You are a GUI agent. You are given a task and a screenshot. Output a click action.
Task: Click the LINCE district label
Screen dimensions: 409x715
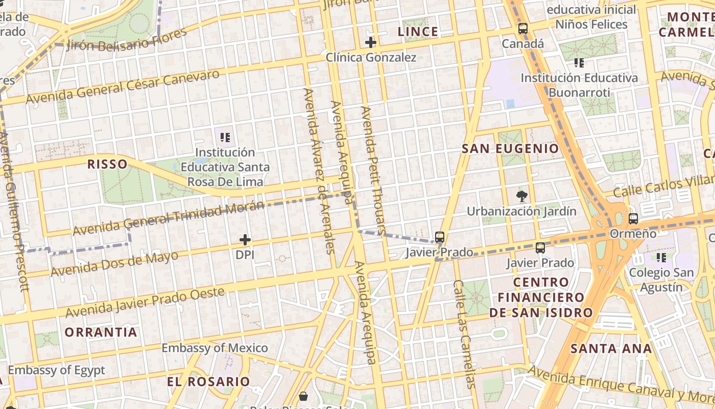click(418, 32)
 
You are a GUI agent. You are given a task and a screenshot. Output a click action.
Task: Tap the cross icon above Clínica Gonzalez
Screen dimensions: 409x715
click(371, 42)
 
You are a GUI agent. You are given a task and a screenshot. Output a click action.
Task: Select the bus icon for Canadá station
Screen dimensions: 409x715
click(522, 29)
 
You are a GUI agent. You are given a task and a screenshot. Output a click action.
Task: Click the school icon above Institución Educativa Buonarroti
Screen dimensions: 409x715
click(579, 63)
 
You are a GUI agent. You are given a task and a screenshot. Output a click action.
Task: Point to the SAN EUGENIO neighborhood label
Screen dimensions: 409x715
click(510, 149)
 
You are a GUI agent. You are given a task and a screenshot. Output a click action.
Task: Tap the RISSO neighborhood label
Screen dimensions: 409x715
click(107, 164)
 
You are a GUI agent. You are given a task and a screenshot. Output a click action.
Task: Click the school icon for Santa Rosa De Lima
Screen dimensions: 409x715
click(225, 137)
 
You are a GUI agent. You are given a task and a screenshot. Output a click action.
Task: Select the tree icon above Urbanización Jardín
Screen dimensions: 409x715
click(521, 196)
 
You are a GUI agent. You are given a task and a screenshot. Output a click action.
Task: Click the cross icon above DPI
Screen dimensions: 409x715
click(245, 239)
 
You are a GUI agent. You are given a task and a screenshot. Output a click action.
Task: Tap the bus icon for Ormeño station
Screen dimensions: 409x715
click(633, 219)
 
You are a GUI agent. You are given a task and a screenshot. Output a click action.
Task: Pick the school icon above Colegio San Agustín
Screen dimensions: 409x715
click(661, 257)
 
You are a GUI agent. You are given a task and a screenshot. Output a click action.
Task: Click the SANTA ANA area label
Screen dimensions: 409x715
click(611, 349)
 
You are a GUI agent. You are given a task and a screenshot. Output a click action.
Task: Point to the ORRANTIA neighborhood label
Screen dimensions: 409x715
click(101, 332)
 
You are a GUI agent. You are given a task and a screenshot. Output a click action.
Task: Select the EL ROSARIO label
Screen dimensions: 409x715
click(208, 382)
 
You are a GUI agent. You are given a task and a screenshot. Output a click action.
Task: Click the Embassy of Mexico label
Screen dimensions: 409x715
click(214, 348)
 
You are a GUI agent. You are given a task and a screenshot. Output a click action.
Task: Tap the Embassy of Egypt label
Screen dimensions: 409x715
click(56, 370)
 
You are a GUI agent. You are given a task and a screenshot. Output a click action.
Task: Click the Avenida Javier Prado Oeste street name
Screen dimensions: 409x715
click(145, 302)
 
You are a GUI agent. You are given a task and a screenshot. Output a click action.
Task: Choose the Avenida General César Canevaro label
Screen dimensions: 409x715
click(123, 87)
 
